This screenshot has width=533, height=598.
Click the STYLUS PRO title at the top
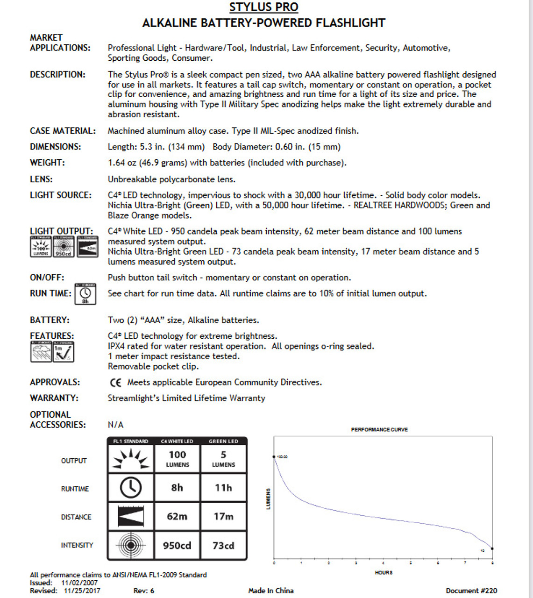pos(263,7)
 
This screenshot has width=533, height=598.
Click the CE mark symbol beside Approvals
pos(115,383)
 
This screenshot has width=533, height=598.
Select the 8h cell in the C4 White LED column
pos(177,488)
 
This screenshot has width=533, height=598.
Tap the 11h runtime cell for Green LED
pos(223,488)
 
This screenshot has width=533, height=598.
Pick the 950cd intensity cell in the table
pos(177,545)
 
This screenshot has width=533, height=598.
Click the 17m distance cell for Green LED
pos(223,516)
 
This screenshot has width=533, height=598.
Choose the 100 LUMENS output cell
pos(178,458)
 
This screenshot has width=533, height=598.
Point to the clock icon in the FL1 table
pos(131,488)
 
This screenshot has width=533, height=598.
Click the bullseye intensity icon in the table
pos(131,545)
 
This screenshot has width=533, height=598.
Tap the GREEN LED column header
pos(223,441)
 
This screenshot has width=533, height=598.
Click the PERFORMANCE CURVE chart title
pos(379,429)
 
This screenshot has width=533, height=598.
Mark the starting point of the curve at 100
pos(274,456)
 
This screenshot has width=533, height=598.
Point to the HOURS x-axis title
pos(384,572)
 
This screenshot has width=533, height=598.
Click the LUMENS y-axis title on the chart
pos(268,499)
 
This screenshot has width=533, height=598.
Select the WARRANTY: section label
pos(54,398)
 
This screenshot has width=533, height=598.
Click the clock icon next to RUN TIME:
pos(85,294)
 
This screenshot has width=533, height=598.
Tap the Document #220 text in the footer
pos(471,591)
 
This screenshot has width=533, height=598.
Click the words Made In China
pos(271,591)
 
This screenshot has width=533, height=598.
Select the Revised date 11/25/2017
pos(82,591)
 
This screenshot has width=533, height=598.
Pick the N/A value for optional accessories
pos(115,425)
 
